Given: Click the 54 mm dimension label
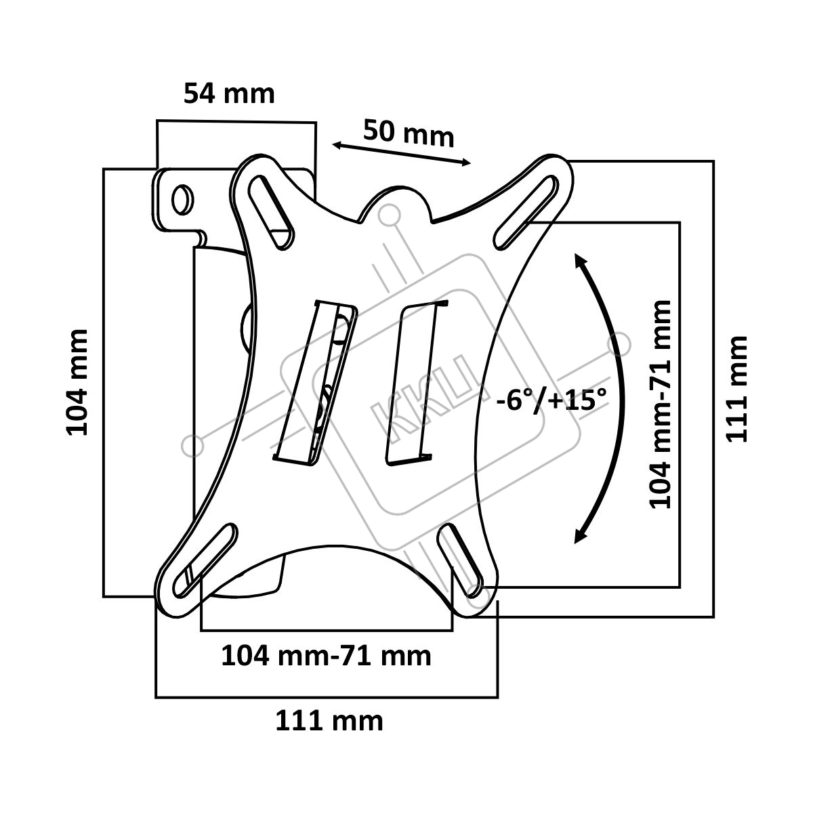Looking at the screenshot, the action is pyautogui.click(x=229, y=93).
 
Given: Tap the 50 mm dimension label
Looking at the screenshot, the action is pyautogui.click(x=409, y=133).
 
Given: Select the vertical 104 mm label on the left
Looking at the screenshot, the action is pyautogui.click(x=77, y=382).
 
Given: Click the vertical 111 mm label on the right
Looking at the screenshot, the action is pyautogui.click(x=736, y=389).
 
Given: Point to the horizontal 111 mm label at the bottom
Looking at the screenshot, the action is pyautogui.click(x=329, y=721).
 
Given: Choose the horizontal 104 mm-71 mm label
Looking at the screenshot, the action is pyautogui.click(x=326, y=656).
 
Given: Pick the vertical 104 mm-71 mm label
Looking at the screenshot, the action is pyautogui.click(x=659, y=404).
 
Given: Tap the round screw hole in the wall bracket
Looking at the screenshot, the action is pyautogui.click(x=183, y=199).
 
